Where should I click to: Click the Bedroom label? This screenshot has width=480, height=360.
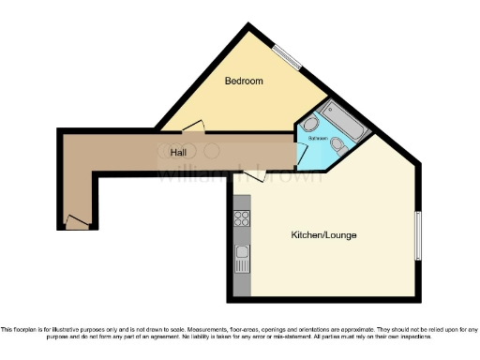tap(243, 81)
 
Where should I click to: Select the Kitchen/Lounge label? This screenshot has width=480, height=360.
tap(324, 233)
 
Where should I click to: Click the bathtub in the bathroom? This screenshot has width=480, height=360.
tap(333, 120)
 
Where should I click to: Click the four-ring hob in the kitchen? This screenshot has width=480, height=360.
tap(241, 219)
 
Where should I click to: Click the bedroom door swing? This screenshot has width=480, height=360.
tap(192, 126)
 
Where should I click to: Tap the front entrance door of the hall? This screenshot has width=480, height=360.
tap(77, 222)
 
